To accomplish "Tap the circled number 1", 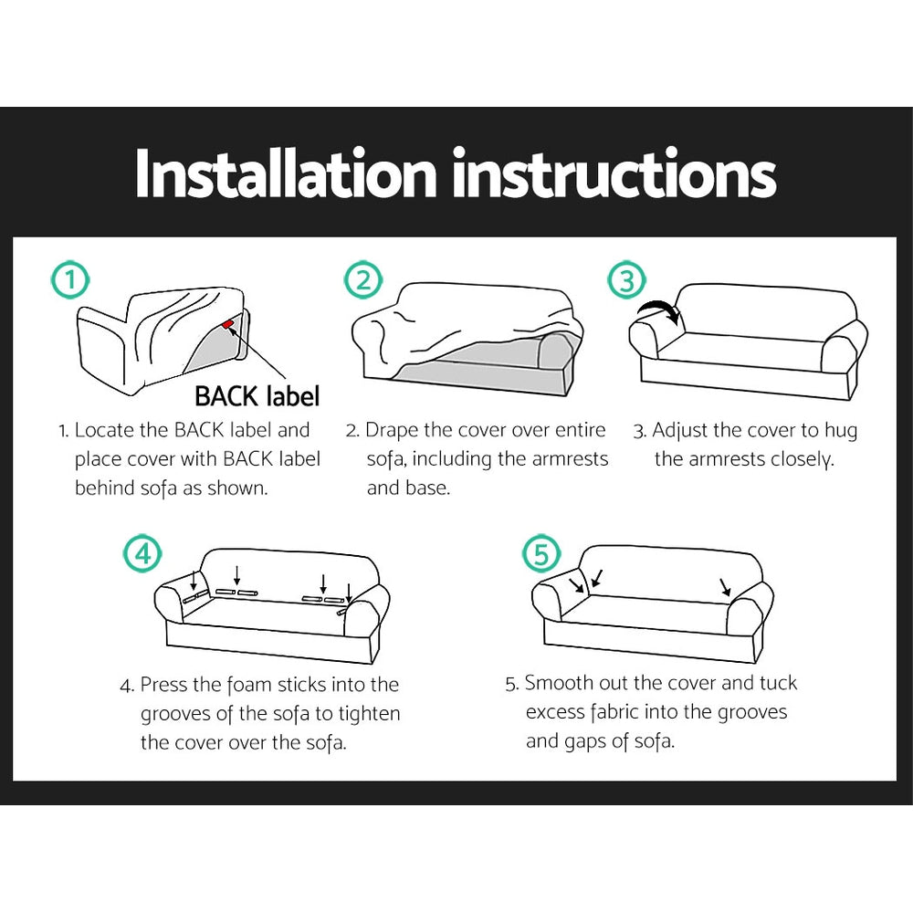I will (x=70, y=280).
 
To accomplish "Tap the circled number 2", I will (x=362, y=280).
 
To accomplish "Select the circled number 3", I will (x=626, y=280).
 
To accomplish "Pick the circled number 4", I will (x=142, y=553).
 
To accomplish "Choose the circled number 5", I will (x=540, y=553).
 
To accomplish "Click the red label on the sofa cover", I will (x=227, y=322).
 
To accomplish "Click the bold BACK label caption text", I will (x=257, y=396).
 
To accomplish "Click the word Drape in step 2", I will (x=394, y=430).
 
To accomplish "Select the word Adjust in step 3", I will (x=683, y=430).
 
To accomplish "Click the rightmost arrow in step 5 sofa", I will (x=724, y=586).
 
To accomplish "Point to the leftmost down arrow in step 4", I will (x=194, y=580).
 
